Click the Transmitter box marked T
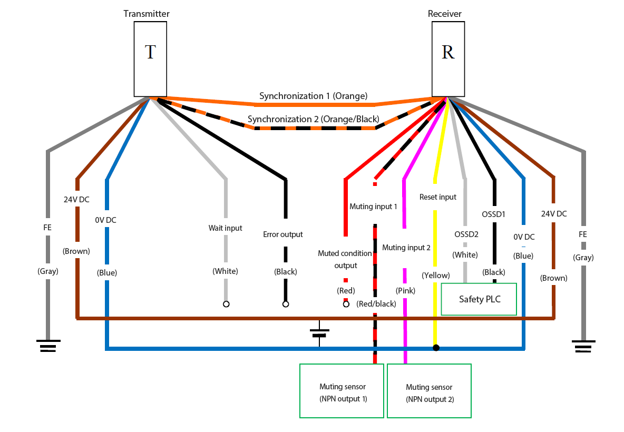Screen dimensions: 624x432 point(150,59)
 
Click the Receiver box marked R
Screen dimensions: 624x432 point(448,59)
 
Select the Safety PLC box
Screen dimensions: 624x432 point(479,299)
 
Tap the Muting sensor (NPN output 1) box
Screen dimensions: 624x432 point(342,390)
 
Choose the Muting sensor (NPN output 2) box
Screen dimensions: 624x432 point(429,390)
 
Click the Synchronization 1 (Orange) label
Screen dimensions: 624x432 point(313,96)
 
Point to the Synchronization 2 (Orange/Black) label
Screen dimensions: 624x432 point(313,119)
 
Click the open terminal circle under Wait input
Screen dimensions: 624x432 point(226,304)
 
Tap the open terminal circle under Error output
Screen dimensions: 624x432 point(285,304)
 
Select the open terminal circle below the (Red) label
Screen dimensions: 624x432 point(346,304)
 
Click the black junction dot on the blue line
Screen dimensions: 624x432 point(436,348)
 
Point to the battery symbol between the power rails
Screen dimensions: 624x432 point(319,333)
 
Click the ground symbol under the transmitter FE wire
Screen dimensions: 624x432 point(48,346)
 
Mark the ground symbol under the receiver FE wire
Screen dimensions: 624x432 point(583,346)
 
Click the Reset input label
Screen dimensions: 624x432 point(438,197)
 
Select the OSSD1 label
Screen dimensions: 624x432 point(493,214)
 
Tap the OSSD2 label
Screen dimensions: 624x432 point(466,234)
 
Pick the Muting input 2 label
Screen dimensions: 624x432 point(406,248)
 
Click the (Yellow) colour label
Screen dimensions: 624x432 point(436,276)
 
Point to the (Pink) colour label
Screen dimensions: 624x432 point(405,290)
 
